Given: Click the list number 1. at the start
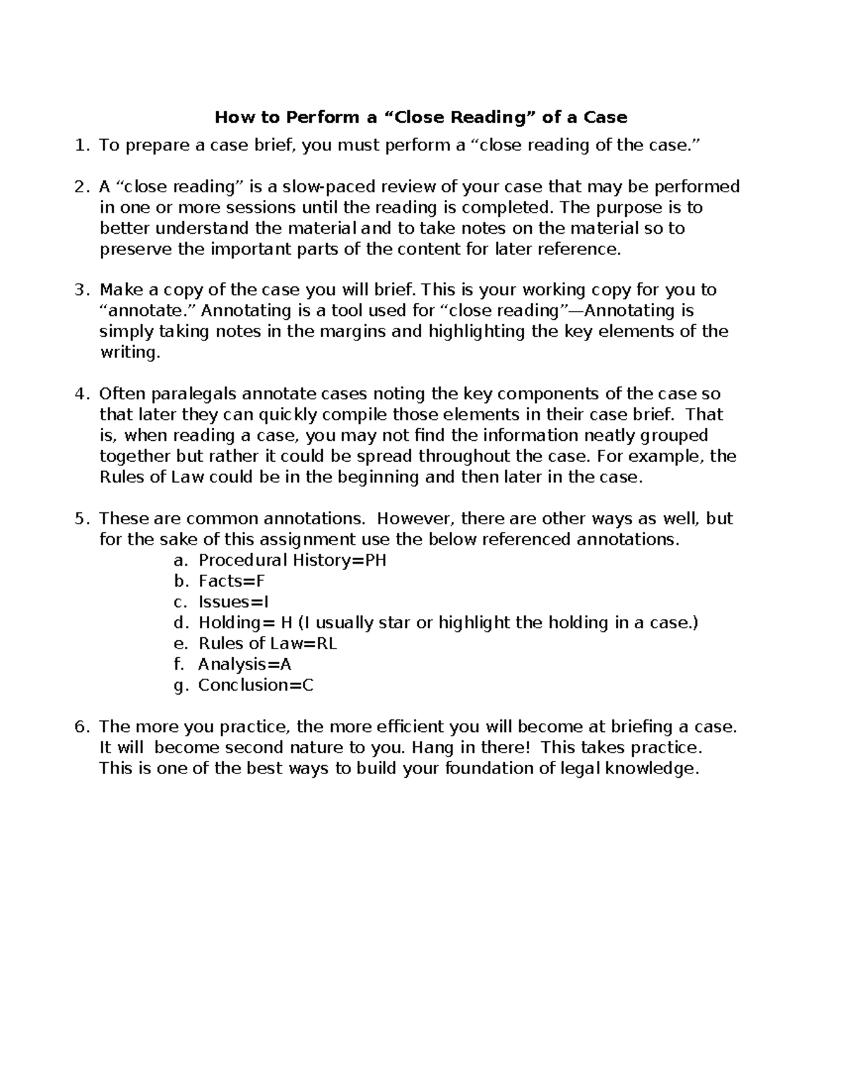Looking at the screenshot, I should tap(82, 145).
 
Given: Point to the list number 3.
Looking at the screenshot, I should tap(82, 290).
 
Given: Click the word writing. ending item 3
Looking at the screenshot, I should tap(130, 352).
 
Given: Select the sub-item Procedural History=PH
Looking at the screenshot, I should tap(293, 560).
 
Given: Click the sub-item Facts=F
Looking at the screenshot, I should tap(232, 581).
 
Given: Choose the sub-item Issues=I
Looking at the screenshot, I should tap(234, 602).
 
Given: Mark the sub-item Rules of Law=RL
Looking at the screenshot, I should tap(267, 644).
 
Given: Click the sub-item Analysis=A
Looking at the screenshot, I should tap(244, 664).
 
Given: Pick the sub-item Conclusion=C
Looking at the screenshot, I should tap(255, 685).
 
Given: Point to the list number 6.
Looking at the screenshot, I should tap(82, 726).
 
